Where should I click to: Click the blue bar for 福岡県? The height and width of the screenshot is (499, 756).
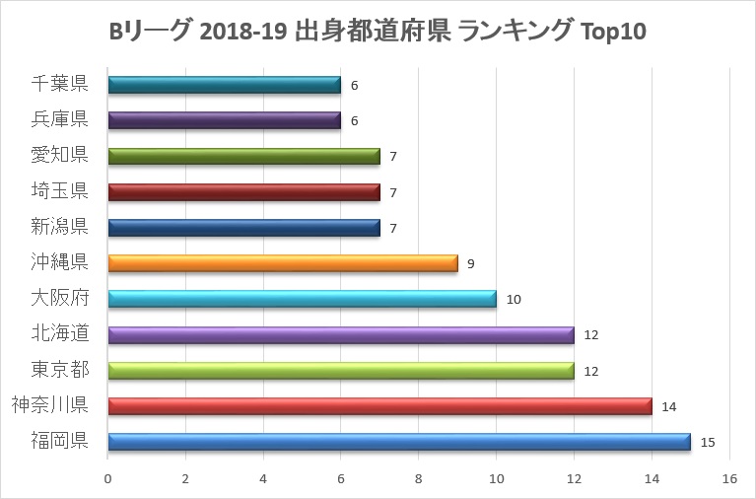tap(399, 442)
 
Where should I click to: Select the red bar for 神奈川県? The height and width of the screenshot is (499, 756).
tap(379, 406)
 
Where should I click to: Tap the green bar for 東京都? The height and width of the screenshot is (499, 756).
tap(341, 371)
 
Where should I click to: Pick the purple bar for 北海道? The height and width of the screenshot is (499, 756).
tap(341, 335)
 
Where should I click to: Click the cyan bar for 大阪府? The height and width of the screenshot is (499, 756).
tap(302, 299)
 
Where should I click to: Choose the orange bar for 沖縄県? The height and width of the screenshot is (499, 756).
tap(283, 263)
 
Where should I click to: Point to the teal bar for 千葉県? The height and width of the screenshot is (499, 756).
tap(225, 85)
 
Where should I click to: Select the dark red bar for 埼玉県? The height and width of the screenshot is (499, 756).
tap(243, 192)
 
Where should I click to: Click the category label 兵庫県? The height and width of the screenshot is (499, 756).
tap(61, 120)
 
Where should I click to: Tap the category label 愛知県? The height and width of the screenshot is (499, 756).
tap(61, 156)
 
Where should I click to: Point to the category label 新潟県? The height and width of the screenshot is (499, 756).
tap(61, 228)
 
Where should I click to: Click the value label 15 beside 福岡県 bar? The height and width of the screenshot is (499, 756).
tap(707, 442)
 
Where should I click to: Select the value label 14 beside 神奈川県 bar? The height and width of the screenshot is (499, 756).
tap(668, 406)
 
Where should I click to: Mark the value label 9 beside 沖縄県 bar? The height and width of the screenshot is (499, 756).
tap(470, 263)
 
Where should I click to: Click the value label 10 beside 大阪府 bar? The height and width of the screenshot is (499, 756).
tap(513, 299)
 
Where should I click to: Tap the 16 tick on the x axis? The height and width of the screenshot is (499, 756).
tap(729, 479)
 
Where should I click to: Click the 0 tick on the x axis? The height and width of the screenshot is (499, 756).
tap(107, 479)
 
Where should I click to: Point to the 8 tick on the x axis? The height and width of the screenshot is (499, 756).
tap(418, 479)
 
